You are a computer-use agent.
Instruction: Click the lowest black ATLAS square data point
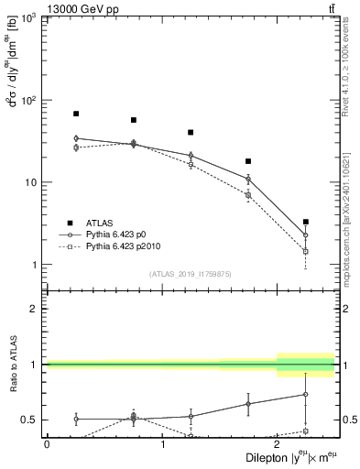305,222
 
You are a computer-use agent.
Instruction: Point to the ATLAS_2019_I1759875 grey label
191,273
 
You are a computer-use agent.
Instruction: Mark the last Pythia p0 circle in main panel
305,235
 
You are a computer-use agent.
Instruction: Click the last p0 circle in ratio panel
305,395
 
